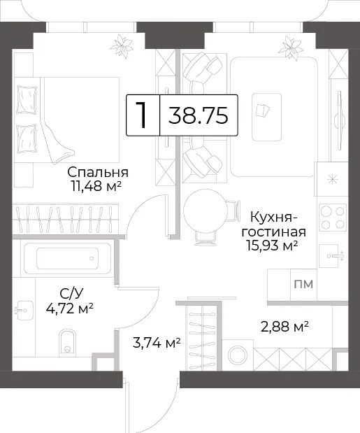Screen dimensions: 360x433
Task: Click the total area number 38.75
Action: click(x=199, y=115)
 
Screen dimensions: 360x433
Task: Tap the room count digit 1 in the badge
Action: click(x=141, y=115)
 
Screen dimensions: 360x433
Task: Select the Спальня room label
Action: click(x=98, y=172)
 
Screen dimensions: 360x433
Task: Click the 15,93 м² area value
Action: click(x=273, y=246)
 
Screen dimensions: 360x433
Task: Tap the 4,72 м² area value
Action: click(x=69, y=308)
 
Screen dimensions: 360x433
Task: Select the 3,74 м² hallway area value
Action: click(x=157, y=343)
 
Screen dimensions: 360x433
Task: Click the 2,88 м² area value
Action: click(x=285, y=327)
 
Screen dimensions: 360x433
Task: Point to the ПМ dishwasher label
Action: click(x=303, y=284)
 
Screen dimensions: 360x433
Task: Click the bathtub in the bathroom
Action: click(x=68, y=258)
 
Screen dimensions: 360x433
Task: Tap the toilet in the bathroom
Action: click(x=67, y=341)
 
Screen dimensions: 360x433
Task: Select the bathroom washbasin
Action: click(x=24, y=310)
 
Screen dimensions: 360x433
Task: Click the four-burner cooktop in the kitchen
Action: click(x=333, y=217)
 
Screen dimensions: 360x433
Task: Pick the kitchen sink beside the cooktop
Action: click(x=331, y=256)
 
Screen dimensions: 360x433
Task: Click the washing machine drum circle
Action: click(x=238, y=355)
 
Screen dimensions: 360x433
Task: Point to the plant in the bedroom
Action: click(x=122, y=46)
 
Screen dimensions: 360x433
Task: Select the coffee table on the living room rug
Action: click(x=266, y=117)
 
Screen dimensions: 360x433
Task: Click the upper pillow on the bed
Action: click(x=27, y=99)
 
